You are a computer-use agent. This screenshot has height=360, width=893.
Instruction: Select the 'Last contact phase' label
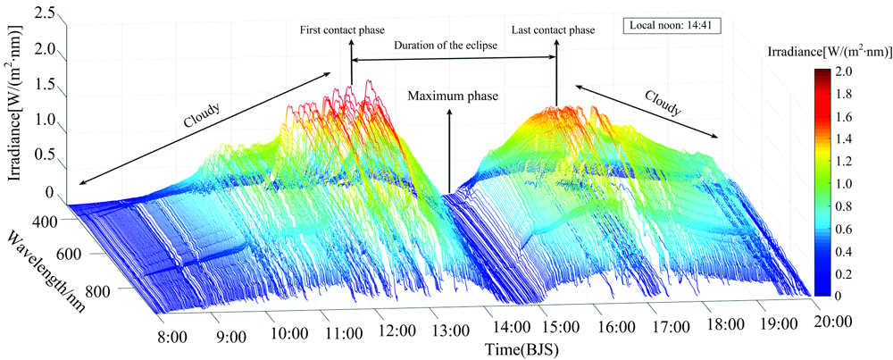(553, 30)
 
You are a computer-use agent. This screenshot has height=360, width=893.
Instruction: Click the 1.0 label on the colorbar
(844, 182)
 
